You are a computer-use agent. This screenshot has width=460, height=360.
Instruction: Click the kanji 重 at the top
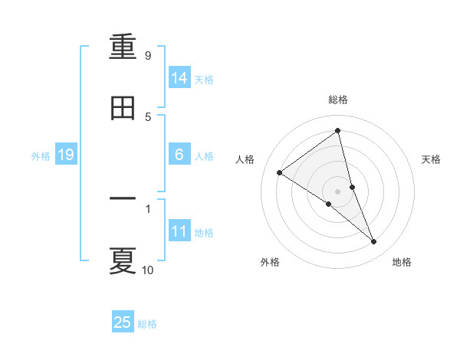pyautogui.click(x=123, y=47)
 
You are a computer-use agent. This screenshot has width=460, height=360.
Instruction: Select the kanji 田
pyautogui.click(x=123, y=108)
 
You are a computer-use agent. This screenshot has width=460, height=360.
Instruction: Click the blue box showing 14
pyautogui.click(x=179, y=78)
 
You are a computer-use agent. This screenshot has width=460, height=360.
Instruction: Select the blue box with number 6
pyautogui.click(x=179, y=155)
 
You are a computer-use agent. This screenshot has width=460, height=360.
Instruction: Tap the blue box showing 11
pyautogui.click(x=179, y=231)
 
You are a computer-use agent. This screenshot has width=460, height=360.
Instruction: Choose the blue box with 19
pyautogui.click(x=66, y=155)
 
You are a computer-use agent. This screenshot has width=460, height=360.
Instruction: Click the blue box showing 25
pyautogui.click(x=123, y=322)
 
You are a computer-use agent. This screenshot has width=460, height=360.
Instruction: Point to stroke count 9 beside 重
pyautogui.click(x=147, y=56)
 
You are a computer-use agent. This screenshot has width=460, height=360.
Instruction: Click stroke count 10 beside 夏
pyautogui.click(x=147, y=270)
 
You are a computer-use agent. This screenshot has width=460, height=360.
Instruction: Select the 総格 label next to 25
pyautogui.click(x=147, y=324)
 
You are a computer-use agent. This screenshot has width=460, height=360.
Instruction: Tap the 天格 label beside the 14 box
pyautogui.click(x=204, y=80)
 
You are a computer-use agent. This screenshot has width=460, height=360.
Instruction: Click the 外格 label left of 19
pyautogui.click(x=41, y=156)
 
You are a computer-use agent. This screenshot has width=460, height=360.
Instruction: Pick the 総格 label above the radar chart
pyautogui.click(x=337, y=100)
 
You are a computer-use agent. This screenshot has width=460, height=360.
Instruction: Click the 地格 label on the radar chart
pyautogui.click(x=402, y=262)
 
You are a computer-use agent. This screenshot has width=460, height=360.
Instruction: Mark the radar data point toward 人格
pyautogui.click(x=280, y=172)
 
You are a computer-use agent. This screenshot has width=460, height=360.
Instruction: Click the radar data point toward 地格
pyautogui.click(x=374, y=241)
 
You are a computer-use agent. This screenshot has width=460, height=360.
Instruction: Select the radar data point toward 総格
pyautogui.click(x=337, y=131)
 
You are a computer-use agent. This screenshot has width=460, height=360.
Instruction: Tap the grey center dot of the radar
pyautogui.click(x=337, y=191)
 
